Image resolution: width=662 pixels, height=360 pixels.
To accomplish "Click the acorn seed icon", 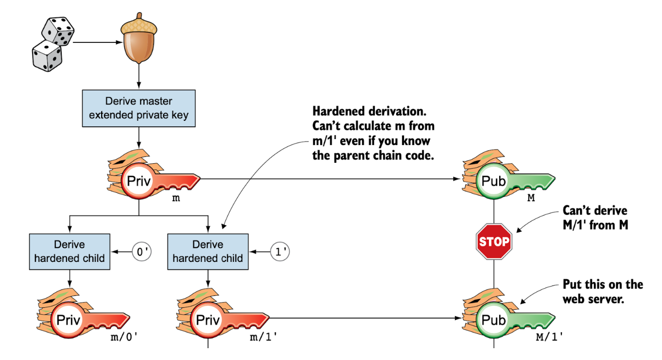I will pyautogui.click(x=139, y=42).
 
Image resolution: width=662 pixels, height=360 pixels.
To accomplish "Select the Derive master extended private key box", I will pyautogui.click(x=139, y=108).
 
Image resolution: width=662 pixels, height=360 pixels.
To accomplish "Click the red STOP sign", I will pyautogui.click(x=493, y=242).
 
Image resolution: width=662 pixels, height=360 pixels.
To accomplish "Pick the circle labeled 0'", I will pyautogui.click(x=142, y=252).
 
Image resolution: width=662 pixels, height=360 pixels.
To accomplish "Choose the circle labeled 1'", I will pyautogui.click(x=280, y=252).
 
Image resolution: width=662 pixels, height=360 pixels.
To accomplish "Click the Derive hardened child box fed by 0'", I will pyautogui.click(x=70, y=252).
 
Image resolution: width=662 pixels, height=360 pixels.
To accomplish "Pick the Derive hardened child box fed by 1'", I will pyautogui.click(x=208, y=252).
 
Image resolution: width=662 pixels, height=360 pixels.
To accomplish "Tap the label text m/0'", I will pyautogui.click(x=123, y=338).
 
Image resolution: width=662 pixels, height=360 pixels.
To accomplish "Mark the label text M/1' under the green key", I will pyautogui.click(x=549, y=338).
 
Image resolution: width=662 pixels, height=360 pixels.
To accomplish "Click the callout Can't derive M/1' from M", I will pyautogui.click(x=595, y=218).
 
